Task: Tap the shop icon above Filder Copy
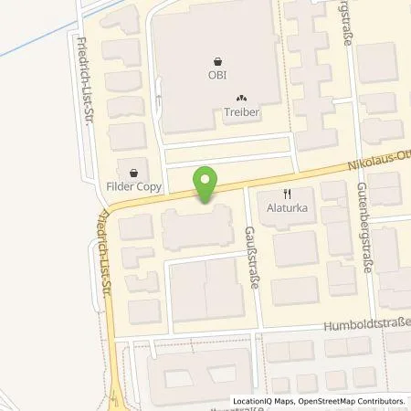(x=136, y=171)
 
